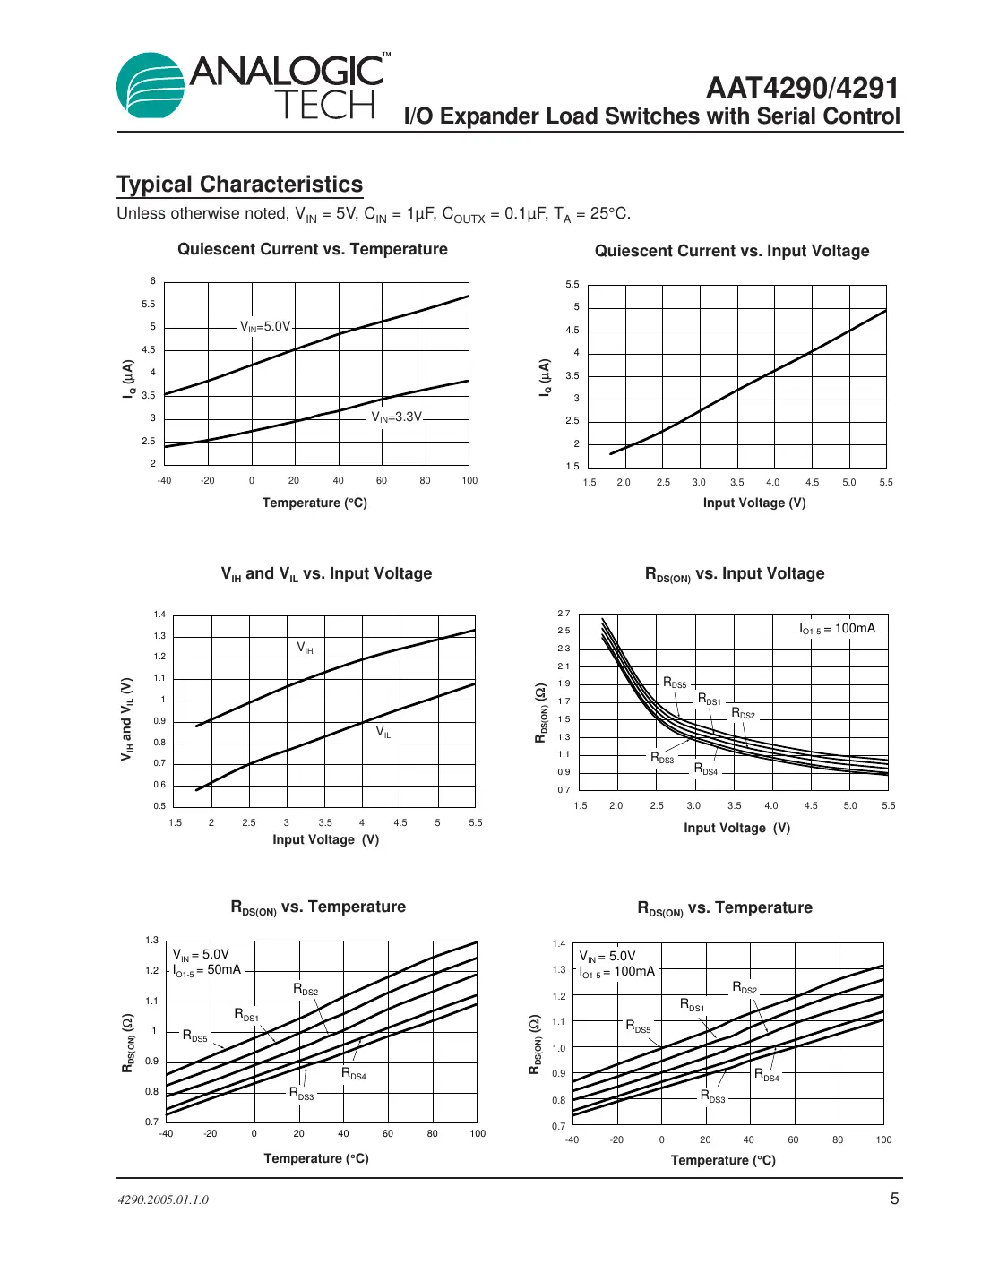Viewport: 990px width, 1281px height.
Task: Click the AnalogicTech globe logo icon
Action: tap(151, 86)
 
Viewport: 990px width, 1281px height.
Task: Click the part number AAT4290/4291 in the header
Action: tap(802, 88)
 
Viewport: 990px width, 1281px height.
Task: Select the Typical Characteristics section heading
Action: tap(239, 185)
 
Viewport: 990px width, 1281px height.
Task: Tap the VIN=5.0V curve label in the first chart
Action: tap(265, 327)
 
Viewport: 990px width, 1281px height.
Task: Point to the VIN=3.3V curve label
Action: tap(396, 417)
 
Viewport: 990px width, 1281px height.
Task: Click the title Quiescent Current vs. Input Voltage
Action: tap(731, 251)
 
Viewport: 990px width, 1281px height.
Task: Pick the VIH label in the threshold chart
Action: tap(306, 648)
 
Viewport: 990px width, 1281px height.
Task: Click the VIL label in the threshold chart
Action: tap(383, 732)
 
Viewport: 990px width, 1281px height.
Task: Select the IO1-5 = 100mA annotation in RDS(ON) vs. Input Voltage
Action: tap(837, 629)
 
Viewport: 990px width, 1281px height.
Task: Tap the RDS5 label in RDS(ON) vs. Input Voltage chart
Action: tap(675, 683)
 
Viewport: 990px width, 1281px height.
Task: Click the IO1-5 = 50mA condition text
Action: tap(207, 970)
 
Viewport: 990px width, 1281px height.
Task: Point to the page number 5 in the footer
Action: tap(893, 1199)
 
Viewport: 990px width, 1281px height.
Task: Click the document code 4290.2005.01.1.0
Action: tap(163, 1199)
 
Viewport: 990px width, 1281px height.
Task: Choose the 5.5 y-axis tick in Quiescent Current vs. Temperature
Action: tap(149, 305)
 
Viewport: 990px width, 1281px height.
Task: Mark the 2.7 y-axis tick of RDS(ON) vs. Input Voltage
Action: tap(563, 614)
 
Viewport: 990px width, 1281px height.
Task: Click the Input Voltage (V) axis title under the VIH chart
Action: tap(325, 839)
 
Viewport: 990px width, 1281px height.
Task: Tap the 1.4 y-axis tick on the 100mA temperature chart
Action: tap(559, 943)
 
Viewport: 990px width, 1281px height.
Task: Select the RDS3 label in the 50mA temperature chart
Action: tap(301, 1094)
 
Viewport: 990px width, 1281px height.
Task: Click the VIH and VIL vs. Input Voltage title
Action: tap(326, 574)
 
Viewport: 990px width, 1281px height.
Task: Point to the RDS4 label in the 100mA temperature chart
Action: tap(766, 1075)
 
